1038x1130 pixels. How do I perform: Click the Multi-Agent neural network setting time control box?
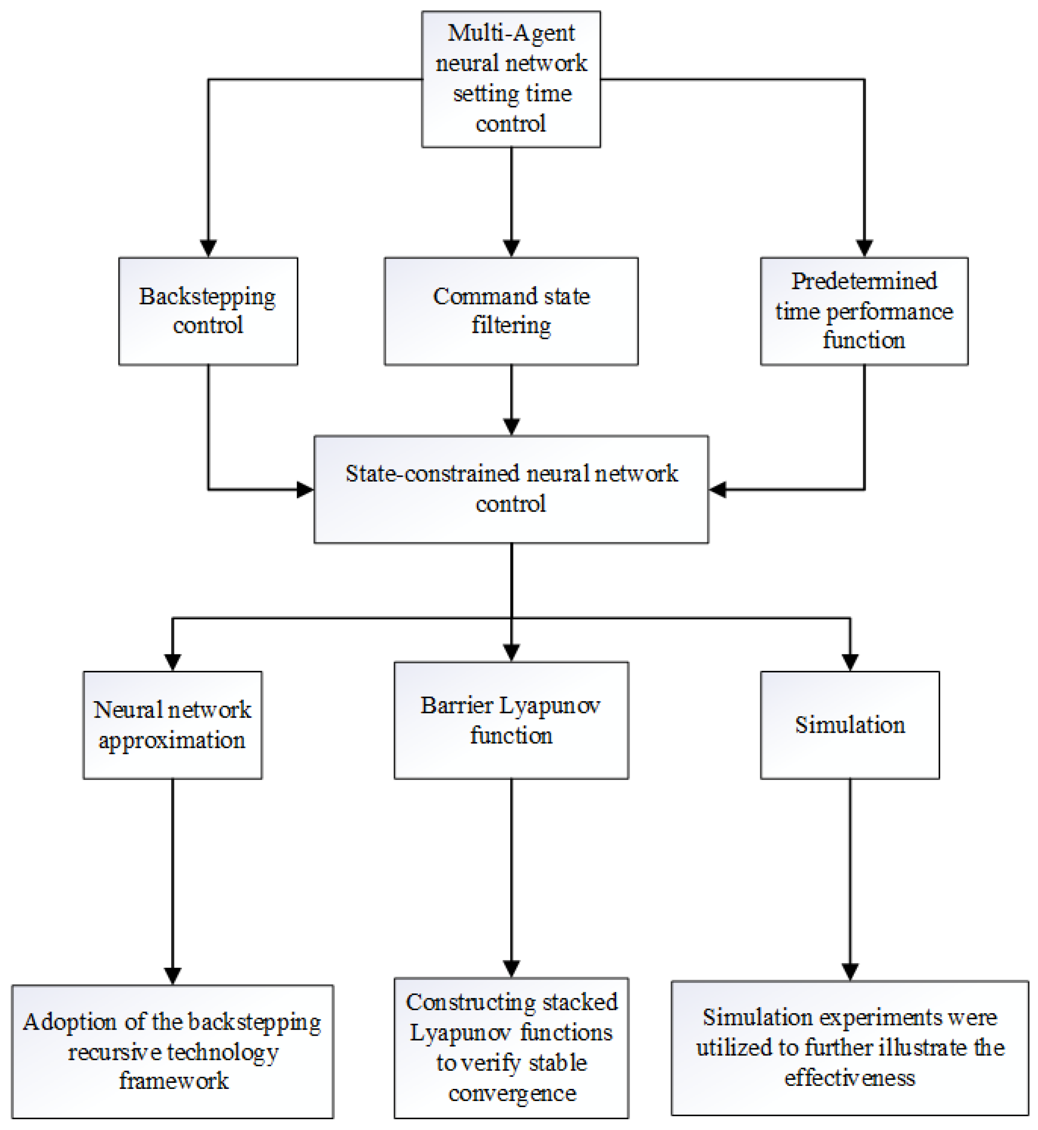click(511, 79)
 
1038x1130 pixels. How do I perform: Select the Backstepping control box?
click(208, 311)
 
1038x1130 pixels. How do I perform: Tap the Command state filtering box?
click(511, 311)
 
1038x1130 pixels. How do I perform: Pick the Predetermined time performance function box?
click(863, 311)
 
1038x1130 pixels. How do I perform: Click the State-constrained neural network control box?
click(511, 489)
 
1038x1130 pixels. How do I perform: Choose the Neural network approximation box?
click(173, 724)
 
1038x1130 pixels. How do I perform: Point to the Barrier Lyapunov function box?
click(511, 720)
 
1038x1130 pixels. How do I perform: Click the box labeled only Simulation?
click(849, 724)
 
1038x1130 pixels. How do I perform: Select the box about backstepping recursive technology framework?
click(173, 1051)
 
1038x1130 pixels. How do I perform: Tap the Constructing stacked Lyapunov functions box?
click(511, 1047)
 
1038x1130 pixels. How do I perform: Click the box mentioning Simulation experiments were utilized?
click(849, 1047)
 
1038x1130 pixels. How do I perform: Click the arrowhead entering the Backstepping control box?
click(208, 248)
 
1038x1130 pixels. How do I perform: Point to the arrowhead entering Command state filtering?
click(511, 248)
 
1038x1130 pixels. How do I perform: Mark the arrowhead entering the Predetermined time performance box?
click(864, 248)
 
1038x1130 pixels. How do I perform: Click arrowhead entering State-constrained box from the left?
click(305, 489)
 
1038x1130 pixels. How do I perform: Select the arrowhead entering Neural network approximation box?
click(173, 662)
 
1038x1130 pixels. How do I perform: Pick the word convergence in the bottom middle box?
click(512, 1093)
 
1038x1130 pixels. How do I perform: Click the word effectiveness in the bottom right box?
click(849, 1077)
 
